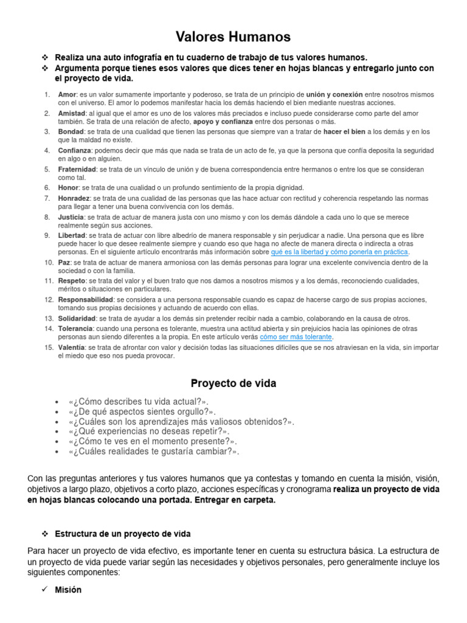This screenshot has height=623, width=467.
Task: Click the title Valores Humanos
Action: click(233, 38)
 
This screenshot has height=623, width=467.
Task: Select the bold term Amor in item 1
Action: click(67, 95)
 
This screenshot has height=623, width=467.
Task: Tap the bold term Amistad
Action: click(71, 113)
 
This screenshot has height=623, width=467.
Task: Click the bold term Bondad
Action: click(71, 131)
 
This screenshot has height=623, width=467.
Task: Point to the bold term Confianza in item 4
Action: click(75, 150)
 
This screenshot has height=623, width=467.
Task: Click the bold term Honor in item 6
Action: click(68, 188)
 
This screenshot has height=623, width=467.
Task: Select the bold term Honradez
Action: click(74, 198)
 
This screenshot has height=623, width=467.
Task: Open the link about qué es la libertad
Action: click(340, 252)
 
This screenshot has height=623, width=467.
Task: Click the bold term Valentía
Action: click(72, 347)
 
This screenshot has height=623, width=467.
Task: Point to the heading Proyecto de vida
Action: click(233, 383)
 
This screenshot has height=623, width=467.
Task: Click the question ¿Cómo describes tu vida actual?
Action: click(139, 402)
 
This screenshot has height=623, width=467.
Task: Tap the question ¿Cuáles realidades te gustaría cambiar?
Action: click(154, 451)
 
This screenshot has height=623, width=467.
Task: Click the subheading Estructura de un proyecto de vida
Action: click(123, 534)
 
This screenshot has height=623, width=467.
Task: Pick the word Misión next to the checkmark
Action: click(68, 590)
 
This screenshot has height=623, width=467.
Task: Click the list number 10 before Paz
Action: click(49, 262)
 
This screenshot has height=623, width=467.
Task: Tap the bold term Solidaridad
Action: click(77, 318)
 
